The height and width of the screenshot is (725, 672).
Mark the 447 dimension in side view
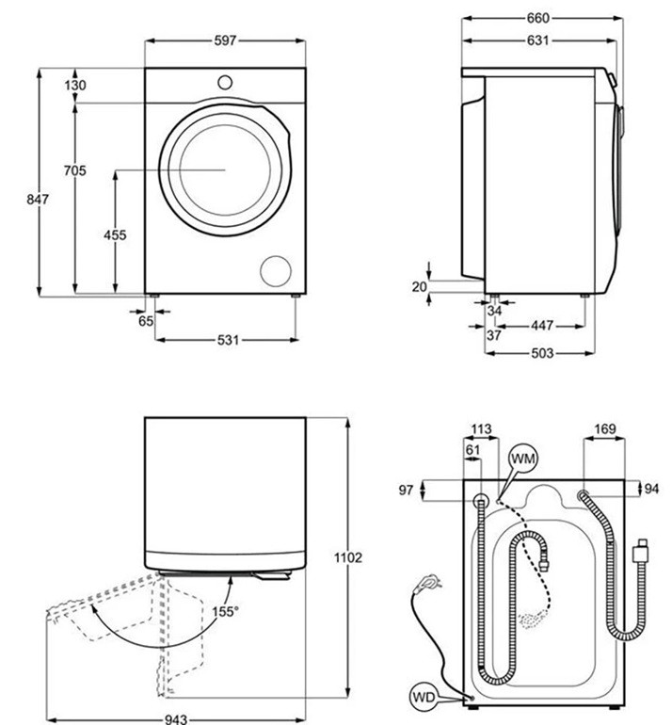click(x=540, y=326)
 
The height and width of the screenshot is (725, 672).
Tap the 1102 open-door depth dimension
click(x=348, y=558)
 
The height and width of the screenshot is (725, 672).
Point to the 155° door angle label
click(x=226, y=611)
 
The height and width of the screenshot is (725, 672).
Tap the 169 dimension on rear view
click(x=605, y=430)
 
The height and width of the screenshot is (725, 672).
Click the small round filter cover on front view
click(x=276, y=269)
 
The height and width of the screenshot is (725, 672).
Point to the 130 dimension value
click(x=76, y=86)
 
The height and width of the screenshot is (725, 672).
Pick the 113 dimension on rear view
click(x=481, y=430)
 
